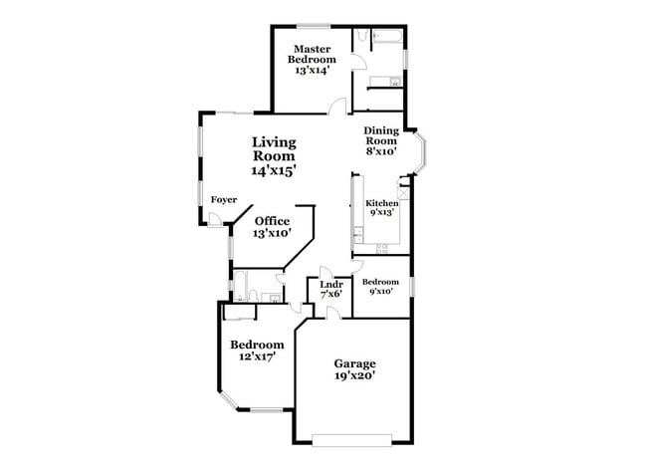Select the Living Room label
273,148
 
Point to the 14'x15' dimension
273,170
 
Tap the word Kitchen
381,203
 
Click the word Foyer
223,199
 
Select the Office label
272,221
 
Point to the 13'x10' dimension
272,233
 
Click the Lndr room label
330,285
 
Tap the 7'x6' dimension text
330,295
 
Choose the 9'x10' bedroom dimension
380,292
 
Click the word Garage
354,362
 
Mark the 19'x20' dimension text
354,376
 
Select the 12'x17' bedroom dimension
251,355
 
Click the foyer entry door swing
215,222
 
